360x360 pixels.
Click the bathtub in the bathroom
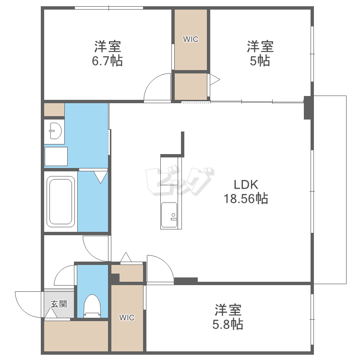click(x=60, y=202)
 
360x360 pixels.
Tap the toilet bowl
click(x=92, y=306)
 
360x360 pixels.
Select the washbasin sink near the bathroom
click(x=55, y=131)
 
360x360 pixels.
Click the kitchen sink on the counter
click(x=169, y=215)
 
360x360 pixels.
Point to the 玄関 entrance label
click(x=59, y=304)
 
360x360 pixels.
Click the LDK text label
click(x=246, y=185)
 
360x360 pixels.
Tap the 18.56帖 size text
click(x=246, y=199)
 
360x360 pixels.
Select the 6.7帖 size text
click(x=107, y=61)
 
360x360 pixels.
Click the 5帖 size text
click(x=260, y=61)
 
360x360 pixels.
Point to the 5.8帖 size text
click(x=228, y=324)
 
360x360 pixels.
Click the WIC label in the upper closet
click(x=191, y=39)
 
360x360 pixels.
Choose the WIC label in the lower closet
click(x=127, y=318)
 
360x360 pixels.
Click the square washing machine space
click(x=56, y=156)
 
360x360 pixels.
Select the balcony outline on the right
click(x=346, y=190)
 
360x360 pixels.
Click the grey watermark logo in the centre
click(x=180, y=182)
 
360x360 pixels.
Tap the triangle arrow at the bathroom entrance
click(x=101, y=177)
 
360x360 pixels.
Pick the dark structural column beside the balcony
click(x=308, y=108)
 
